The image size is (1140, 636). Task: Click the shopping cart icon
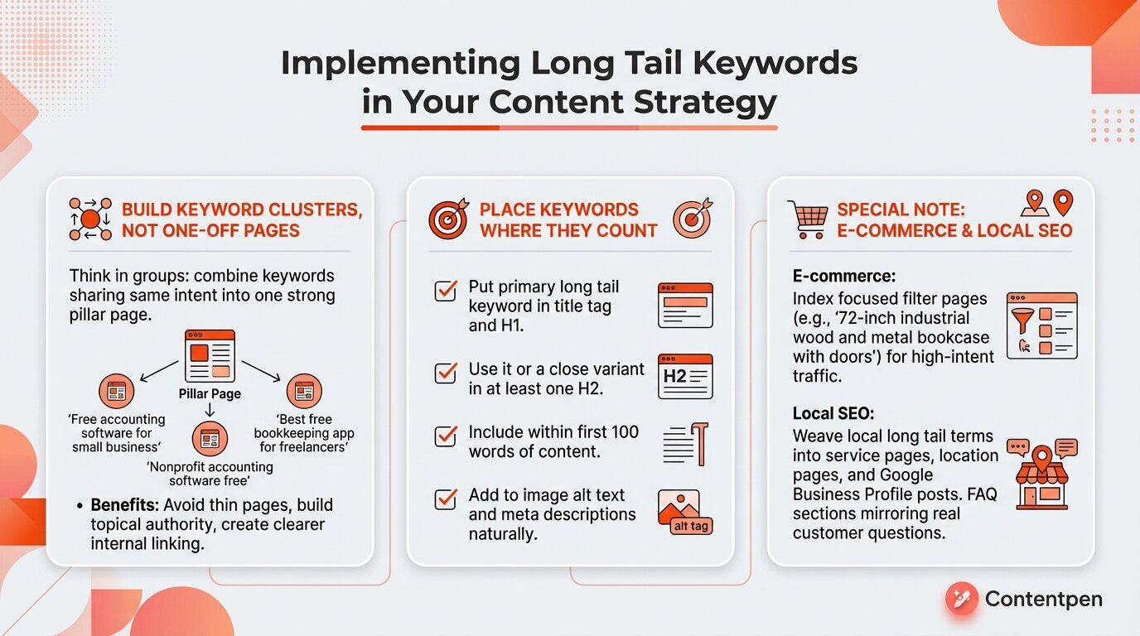[x=808, y=219]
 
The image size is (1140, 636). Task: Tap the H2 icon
[x=684, y=376]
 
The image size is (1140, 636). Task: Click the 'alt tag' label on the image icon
[x=690, y=526]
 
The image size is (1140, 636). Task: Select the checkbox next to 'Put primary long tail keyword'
[x=446, y=291]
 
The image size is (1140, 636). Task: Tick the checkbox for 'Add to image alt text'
[x=446, y=499]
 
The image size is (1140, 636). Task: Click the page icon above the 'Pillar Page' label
[x=210, y=356]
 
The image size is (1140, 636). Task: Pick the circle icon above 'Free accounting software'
[x=116, y=391]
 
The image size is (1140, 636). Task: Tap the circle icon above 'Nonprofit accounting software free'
[x=210, y=437]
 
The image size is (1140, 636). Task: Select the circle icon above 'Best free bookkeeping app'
[x=304, y=391]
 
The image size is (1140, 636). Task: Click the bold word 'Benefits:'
[x=124, y=505]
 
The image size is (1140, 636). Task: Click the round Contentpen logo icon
[x=962, y=599]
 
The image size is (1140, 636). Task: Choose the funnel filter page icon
[x=1041, y=325]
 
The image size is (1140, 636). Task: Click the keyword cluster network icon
[x=90, y=219]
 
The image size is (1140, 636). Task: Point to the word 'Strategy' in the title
[x=705, y=103]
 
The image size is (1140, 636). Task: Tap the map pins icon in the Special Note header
[x=1048, y=204]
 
